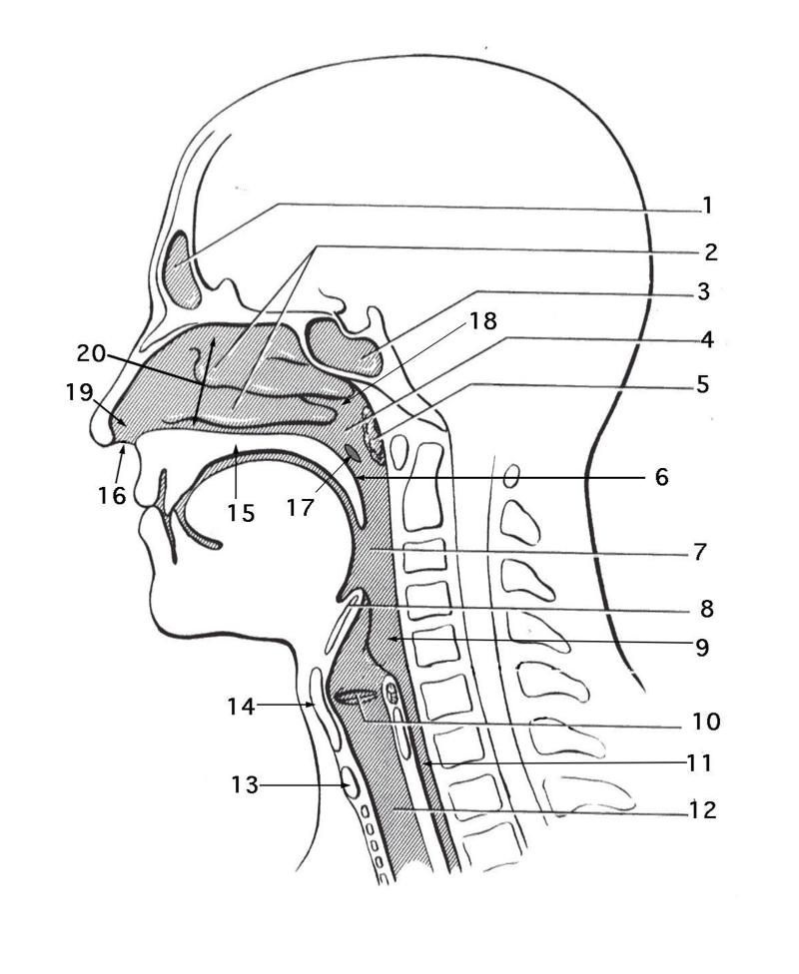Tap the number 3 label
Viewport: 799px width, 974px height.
point(703,292)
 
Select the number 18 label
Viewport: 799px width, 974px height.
point(483,320)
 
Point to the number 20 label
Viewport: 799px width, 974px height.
point(91,352)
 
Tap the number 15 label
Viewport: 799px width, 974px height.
point(240,513)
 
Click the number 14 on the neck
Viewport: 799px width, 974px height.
point(242,708)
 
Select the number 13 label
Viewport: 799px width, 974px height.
point(243,785)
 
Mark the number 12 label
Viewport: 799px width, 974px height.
point(702,809)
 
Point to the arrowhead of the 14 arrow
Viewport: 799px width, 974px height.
point(313,705)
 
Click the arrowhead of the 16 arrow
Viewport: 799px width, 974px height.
point(123,451)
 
